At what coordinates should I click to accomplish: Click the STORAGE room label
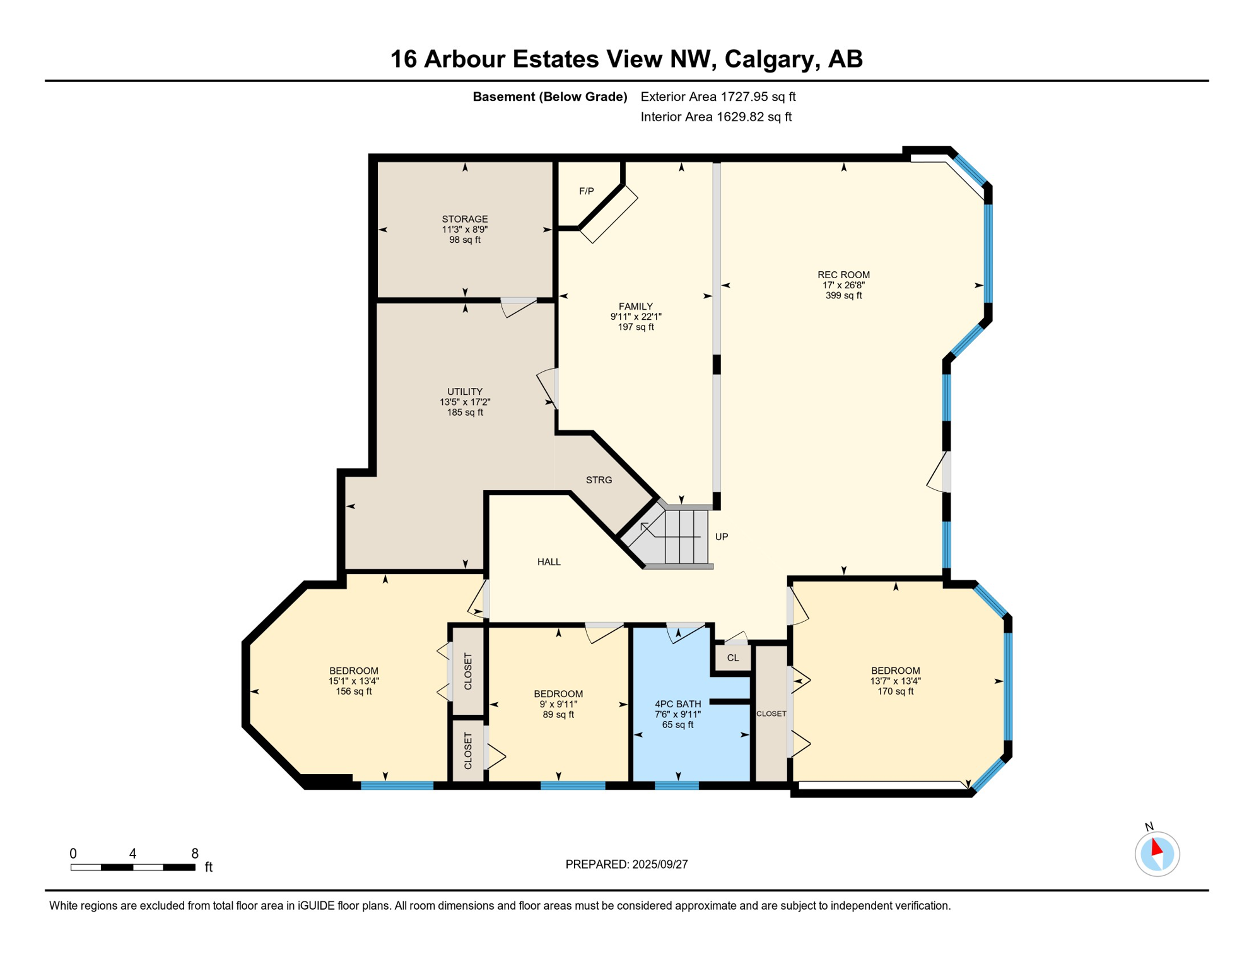pyautogui.click(x=465, y=220)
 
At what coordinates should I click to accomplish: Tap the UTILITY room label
pyautogui.click(x=465, y=392)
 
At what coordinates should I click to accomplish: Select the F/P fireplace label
pyautogui.click(x=587, y=191)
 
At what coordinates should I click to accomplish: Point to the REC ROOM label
pyautogui.click(x=843, y=275)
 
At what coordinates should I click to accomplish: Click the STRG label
pyautogui.click(x=599, y=480)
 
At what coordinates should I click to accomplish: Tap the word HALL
pyautogui.click(x=549, y=562)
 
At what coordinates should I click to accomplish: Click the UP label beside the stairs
pyautogui.click(x=722, y=537)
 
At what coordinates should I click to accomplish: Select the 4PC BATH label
pyautogui.click(x=677, y=704)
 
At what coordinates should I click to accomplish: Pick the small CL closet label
pyautogui.click(x=732, y=658)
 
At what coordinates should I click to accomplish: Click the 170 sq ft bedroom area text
pyautogui.click(x=895, y=691)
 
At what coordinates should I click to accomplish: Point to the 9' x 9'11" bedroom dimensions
pyautogui.click(x=558, y=704)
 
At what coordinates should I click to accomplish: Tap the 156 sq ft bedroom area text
pyautogui.click(x=353, y=691)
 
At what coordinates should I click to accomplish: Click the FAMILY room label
pyautogui.click(x=635, y=307)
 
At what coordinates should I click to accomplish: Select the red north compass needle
pyautogui.click(x=1156, y=847)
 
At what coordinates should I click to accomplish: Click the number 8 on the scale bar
pyautogui.click(x=195, y=854)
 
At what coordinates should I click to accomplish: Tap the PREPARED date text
pyautogui.click(x=626, y=864)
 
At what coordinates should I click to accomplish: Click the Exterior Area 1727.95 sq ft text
pyautogui.click(x=718, y=97)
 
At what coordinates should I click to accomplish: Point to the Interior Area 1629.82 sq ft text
pyautogui.click(x=716, y=117)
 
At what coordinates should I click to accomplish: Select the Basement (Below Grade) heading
pyautogui.click(x=550, y=97)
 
